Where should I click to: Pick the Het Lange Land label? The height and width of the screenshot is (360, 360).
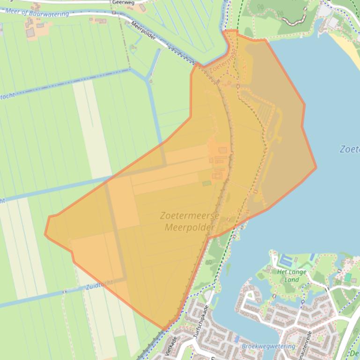click(x=292, y=276)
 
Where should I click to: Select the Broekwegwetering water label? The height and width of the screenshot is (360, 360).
click(x=268, y=346)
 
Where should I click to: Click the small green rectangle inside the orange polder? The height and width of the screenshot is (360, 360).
click(x=206, y=183)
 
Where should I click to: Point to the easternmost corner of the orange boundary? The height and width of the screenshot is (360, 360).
click(x=316, y=167)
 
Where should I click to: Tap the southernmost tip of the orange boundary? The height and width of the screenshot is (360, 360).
click(x=164, y=329)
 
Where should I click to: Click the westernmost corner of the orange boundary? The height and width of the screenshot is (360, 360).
click(x=45, y=234)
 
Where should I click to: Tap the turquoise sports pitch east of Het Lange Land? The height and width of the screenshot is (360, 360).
click(x=347, y=277)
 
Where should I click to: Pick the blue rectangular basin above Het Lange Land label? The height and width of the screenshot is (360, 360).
click(x=285, y=259)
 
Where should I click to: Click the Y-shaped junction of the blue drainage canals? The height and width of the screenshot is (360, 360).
click(x=149, y=80)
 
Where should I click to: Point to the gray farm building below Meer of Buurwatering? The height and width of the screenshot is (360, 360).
click(x=30, y=32)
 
